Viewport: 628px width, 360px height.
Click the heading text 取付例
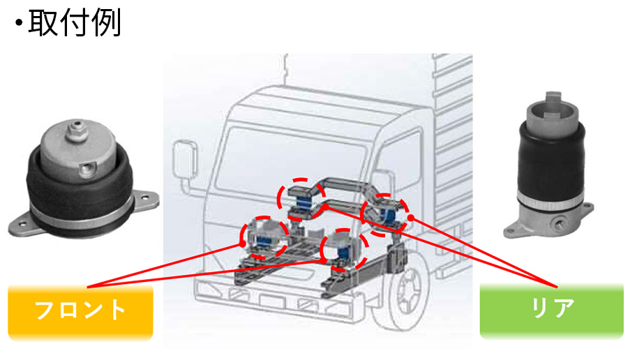[x=75, y=23]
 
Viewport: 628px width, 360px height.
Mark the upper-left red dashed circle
[x=301, y=200]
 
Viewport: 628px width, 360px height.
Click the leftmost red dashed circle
[x=264, y=237]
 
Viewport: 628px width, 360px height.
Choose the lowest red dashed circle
[x=344, y=250]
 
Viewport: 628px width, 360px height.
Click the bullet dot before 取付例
[x=18, y=23]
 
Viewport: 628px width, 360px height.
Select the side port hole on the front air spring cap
[x=88, y=170]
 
